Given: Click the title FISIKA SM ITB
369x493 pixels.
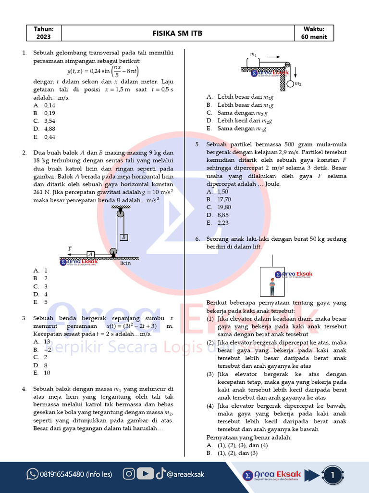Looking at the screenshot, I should [177, 33].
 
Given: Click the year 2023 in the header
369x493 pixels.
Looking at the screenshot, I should [44, 37].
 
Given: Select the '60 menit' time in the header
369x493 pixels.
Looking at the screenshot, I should [314, 37].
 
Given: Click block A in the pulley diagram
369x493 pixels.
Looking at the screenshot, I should [90, 254].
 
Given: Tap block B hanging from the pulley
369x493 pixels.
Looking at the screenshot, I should [123, 237].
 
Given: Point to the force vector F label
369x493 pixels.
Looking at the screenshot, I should [70, 248].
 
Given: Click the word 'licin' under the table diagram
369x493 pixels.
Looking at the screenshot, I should [125, 263].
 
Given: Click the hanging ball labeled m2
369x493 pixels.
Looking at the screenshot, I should [290, 84].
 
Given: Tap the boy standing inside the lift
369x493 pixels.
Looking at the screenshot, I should [272, 286].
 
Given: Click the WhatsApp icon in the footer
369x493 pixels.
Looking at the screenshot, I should [32, 474].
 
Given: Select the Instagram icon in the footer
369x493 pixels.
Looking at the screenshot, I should [129, 474].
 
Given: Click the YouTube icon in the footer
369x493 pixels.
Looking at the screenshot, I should [145, 474].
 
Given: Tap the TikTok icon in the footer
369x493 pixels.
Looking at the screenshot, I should [160, 474].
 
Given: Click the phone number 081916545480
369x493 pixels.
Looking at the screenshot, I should [76, 474].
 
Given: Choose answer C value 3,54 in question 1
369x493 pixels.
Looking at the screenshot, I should [49, 121].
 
